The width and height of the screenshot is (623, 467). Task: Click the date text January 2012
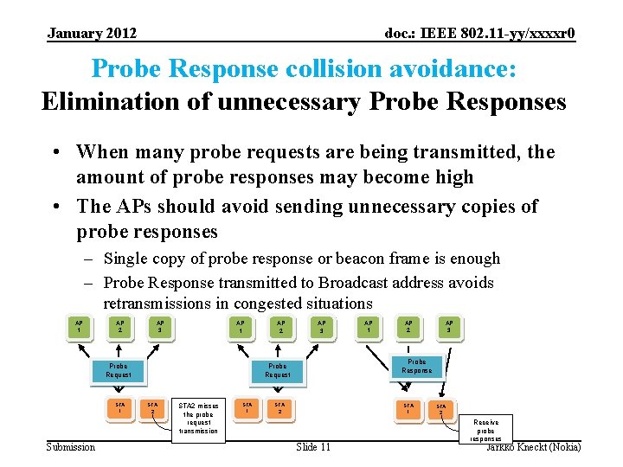click(x=92, y=34)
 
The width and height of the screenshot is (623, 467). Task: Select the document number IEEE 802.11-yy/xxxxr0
click(x=480, y=34)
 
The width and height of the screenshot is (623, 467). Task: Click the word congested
click(x=247, y=304)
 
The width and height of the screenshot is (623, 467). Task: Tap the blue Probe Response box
click(x=416, y=366)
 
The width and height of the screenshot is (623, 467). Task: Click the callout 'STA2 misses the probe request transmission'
click(x=198, y=418)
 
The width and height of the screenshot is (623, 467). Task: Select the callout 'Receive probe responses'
click(x=486, y=429)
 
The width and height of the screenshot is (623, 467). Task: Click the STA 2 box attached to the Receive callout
click(x=441, y=409)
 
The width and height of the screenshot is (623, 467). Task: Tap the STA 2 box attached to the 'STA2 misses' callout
click(x=152, y=407)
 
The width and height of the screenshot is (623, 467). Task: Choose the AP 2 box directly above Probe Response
click(x=408, y=327)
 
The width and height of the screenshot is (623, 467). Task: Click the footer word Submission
click(x=71, y=446)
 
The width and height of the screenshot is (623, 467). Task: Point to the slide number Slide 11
click(x=313, y=446)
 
